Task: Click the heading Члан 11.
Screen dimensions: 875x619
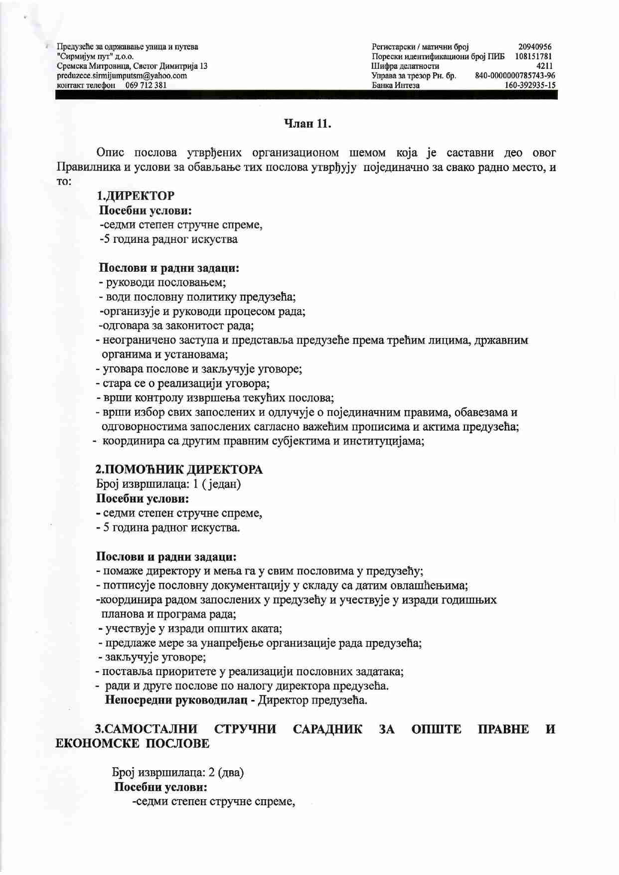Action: [x=307, y=124]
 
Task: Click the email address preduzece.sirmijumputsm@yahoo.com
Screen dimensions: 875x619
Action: [x=122, y=76]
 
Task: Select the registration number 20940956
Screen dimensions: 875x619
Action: [x=535, y=47]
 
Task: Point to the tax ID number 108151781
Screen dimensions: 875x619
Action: [x=533, y=56]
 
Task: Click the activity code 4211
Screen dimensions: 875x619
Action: [x=544, y=66]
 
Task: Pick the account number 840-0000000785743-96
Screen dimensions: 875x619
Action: [x=515, y=76]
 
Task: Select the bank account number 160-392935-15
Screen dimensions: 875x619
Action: [x=530, y=85]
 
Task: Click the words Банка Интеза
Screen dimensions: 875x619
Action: [x=396, y=85]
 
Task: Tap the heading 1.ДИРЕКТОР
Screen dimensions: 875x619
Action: [x=136, y=196]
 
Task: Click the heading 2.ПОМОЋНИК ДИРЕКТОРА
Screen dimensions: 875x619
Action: [x=179, y=470]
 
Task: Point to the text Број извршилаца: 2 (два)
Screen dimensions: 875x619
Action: [x=177, y=773]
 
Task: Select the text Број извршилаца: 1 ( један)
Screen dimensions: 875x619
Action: [x=168, y=484]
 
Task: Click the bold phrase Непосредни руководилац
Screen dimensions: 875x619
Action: [x=176, y=700]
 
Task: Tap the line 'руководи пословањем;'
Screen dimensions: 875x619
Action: [x=162, y=283]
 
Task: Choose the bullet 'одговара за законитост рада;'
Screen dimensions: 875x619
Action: [x=176, y=326]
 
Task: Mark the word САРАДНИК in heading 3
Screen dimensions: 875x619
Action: [x=327, y=729]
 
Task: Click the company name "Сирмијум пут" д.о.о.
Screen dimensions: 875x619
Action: [x=95, y=56]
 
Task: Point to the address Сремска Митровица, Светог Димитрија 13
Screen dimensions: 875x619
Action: [x=132, y=66]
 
